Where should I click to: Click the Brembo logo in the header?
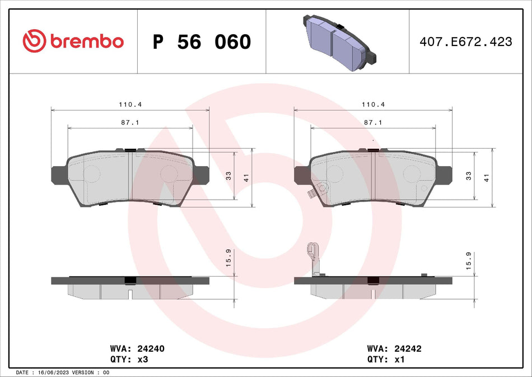73,41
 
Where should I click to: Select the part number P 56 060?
202,42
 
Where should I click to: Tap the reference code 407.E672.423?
466,42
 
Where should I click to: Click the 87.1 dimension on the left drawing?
129,122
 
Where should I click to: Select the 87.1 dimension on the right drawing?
372,122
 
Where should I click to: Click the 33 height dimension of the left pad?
228,176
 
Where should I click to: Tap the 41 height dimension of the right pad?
487,177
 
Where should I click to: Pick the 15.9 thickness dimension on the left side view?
228,259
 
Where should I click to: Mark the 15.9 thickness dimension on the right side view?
469,259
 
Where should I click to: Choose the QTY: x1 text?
386,359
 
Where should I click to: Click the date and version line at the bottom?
63,372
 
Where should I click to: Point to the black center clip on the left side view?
130,281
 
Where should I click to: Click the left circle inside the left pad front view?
92,173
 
